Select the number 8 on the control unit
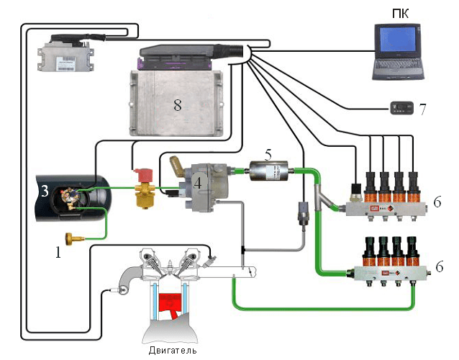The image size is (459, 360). tap(177, 104)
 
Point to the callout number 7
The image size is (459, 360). tap(423, 110)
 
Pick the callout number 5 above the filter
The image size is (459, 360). tap(268, 154)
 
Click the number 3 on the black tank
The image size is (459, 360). tap(44, 191)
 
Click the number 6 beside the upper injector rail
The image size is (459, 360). tap(437, 203)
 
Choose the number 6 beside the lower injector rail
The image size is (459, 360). tap(437, 266)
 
